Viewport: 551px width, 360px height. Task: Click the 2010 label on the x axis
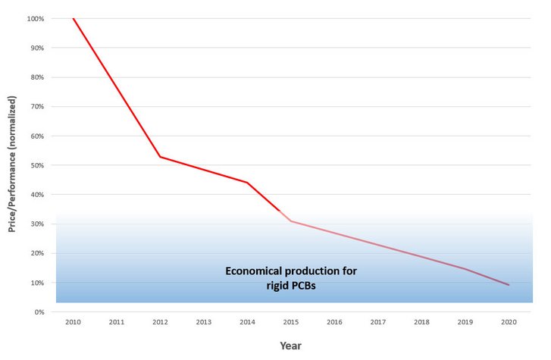(74, 322)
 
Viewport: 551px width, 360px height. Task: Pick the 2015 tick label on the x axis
(291, 322)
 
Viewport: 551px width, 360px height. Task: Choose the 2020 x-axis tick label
(509, 322)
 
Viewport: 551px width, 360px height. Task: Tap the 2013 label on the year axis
(204, 322)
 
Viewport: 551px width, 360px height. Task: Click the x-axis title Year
(291, 345)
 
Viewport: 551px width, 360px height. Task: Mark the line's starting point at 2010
(74, 18)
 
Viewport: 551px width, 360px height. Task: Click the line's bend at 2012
(161, 157)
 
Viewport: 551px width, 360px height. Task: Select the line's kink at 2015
(291, 221)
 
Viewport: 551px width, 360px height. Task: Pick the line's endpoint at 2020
(509, 285)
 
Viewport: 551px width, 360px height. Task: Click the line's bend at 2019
(465, 268)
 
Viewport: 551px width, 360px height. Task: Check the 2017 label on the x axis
(378, 322)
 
